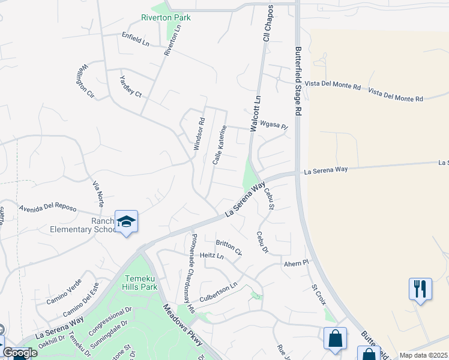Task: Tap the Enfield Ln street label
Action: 135,39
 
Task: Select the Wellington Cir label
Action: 85,80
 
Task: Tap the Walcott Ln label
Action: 256,113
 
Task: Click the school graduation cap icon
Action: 126,222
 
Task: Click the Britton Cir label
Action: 229,247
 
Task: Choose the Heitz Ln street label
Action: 211,256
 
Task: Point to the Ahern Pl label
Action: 297,263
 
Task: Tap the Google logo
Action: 20,353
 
